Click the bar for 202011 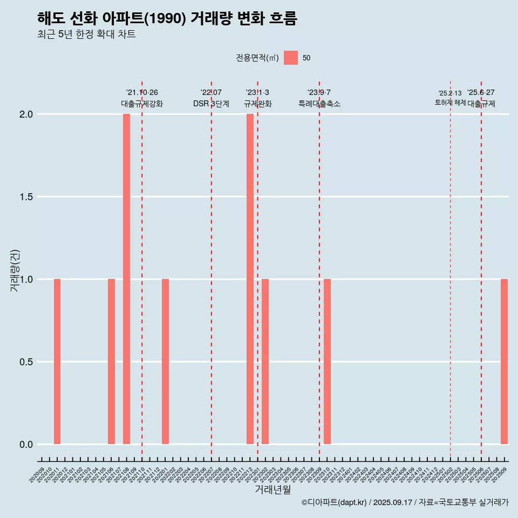(57, 362)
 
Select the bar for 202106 (111, 362)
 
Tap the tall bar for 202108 (126, 279)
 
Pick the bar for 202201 (165, 362)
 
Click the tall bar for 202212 (250, 279)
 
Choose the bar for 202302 (265, 362)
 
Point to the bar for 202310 (327, 362)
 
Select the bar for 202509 (504, 362)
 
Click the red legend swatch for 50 (291, 58)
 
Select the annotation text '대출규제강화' (142, 104)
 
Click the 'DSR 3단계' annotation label (211, 104)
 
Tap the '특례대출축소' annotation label (319, 104)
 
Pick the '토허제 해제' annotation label (450, 103)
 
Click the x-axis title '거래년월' (273, 490)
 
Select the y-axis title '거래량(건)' (15, 270)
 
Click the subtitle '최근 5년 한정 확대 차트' (86, 35)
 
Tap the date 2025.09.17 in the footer (392, 502)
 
